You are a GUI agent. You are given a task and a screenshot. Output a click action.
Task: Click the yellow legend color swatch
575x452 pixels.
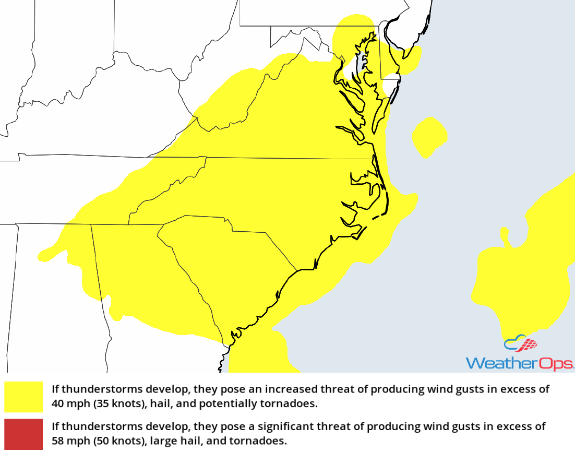(23, 397)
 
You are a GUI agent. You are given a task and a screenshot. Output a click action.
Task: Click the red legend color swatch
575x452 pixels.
(23, 434)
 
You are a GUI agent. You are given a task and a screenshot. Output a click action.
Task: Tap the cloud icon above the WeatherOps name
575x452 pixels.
(520, 344)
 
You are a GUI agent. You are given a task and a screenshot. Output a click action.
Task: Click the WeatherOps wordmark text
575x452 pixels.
(519, 363)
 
